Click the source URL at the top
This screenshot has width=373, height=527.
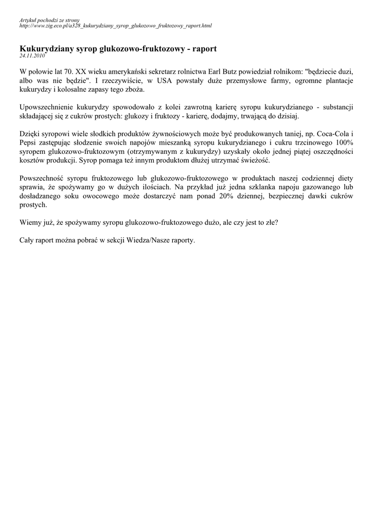[x=115, y=25]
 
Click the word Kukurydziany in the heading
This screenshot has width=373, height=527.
[x=46, y=48]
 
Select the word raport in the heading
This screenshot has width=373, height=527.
[x=204, y=48]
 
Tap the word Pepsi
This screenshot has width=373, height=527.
[x=28, y=143]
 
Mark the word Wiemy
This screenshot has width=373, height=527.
[x=29, y=222]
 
